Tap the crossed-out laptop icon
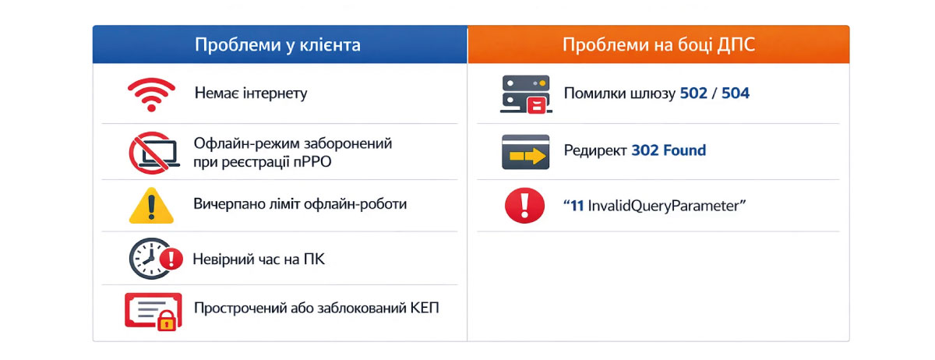[x=150, y=152]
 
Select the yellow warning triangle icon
[x=150, y=206]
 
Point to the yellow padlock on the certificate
[x=166, y=319]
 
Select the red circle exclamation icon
[x=524, y=206]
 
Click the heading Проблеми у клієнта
[x=277, y=44]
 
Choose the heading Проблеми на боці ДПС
[x=658, y=44]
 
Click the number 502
[x=693, y=94]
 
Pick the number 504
[x=736, y=94]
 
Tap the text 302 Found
[x=669, y=150]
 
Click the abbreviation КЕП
[x=424, y=307]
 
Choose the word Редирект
[x=595, y=150]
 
